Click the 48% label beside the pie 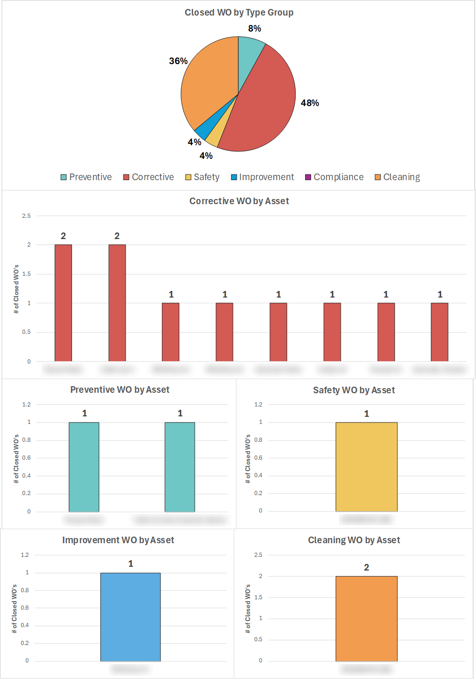pyautogui.click(x=310, y=103)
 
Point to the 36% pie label pyautogui.click(x=178, y=61)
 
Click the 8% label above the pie pyautogui.click(x=255, y=28)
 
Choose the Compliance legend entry pyautogui.click(x=334, y=177)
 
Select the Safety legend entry pyautogui.click(x=202, y=177)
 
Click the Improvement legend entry pyautogui.click(x=262, y=177)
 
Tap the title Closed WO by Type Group pyautogui.click(x=239, y=12)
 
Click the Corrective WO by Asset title pyautogui.click(x=239, y=201)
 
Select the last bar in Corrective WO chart pyautogui.click(x=439, y=332)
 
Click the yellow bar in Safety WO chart pyautogui.click(x=366, y=467)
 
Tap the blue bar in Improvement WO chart pyautogui.click(x=130, y=617)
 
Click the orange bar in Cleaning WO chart pyautogui.click(x=366, y=619)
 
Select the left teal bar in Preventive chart pyautogui.click(x=84, y=467)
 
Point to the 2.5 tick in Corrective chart pyautogui.click(x=26, y=216)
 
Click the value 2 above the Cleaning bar pyautogui.click(x=366, y=567)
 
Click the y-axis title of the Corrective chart pyautogui.click(x=16, y=289)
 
